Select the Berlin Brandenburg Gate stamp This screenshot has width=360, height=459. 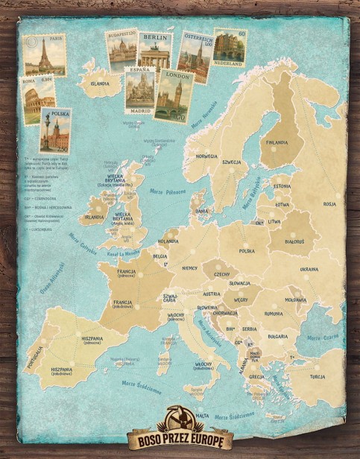point(154,51)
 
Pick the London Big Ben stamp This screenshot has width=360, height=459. point(173,95)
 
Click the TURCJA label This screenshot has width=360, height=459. point(318,377)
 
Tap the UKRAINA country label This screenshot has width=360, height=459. point(309,269)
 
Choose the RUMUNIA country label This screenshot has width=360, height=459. point(273,314)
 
